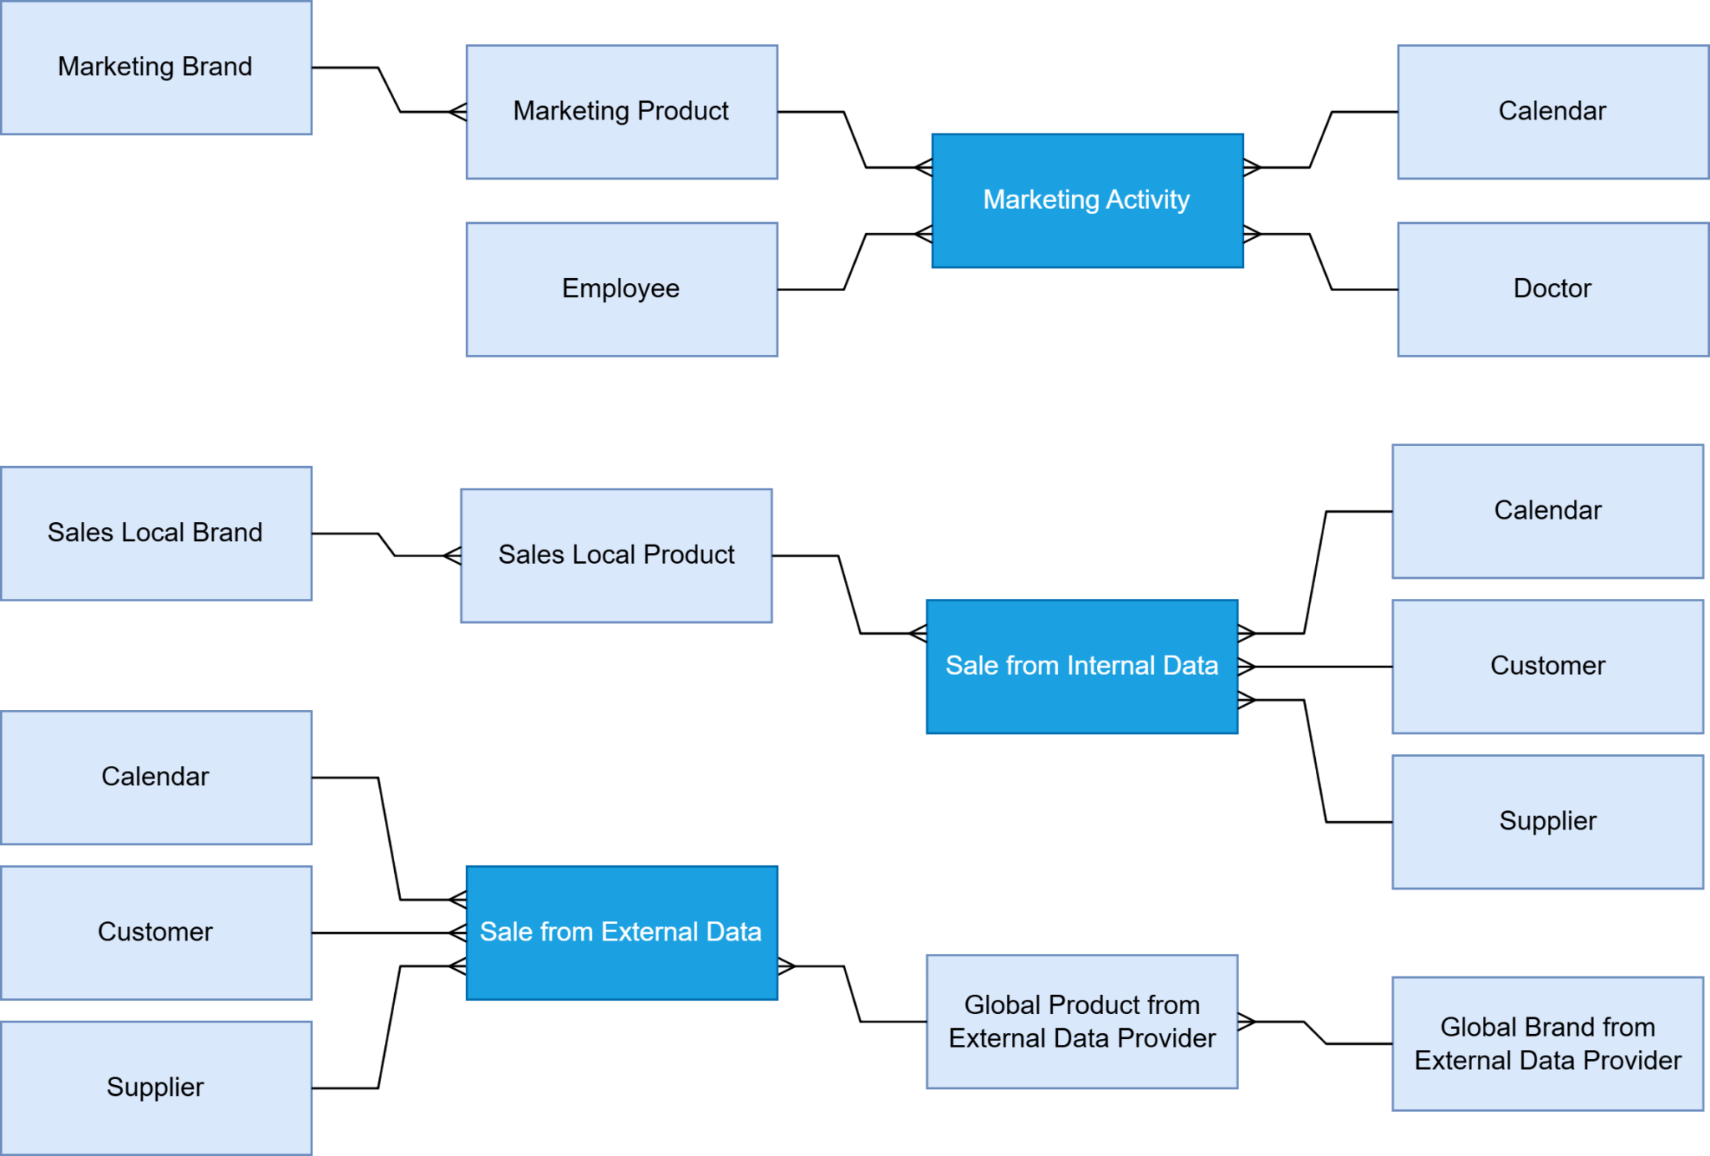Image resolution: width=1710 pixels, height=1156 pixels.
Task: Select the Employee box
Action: [621, 289]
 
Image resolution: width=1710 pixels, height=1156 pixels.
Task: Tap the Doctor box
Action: [1552, 289]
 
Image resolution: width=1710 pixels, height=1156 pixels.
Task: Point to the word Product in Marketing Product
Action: [682, 111]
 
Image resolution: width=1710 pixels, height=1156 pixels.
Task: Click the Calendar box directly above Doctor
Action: [1552, 111]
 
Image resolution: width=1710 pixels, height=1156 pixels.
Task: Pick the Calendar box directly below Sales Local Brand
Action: [156, 777]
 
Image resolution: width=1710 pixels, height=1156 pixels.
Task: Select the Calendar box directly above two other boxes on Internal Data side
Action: [1547, 510]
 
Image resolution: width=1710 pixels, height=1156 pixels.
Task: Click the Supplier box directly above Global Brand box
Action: [1547, 821]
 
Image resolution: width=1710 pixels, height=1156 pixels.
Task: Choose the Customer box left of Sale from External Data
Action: [156, 932]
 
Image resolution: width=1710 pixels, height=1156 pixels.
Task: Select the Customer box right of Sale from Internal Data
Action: [1547, 666]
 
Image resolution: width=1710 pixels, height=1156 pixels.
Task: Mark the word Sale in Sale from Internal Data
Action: [971, 666]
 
